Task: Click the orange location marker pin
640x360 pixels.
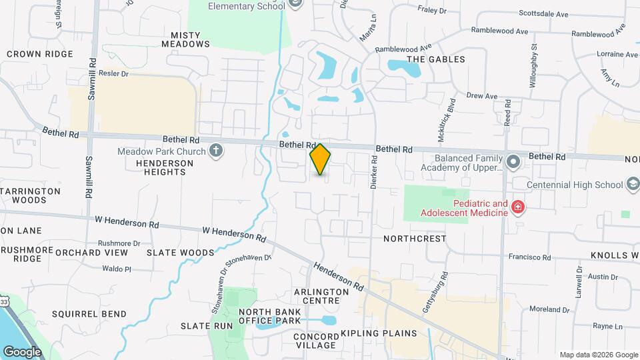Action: click(321, 159)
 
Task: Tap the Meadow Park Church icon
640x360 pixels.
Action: click(215, 151)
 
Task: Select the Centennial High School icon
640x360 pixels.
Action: click(633, 184)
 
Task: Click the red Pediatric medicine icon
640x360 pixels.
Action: click(517, 208)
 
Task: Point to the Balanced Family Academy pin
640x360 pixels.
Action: click(513, 162)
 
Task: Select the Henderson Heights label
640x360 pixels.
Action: click(161, 167)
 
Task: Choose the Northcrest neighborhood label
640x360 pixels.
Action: click(415, 238)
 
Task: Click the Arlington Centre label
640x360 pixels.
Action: click(321, 297)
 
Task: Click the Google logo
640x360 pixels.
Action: click(22, 352)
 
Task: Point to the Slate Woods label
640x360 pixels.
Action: click(180, 253)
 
